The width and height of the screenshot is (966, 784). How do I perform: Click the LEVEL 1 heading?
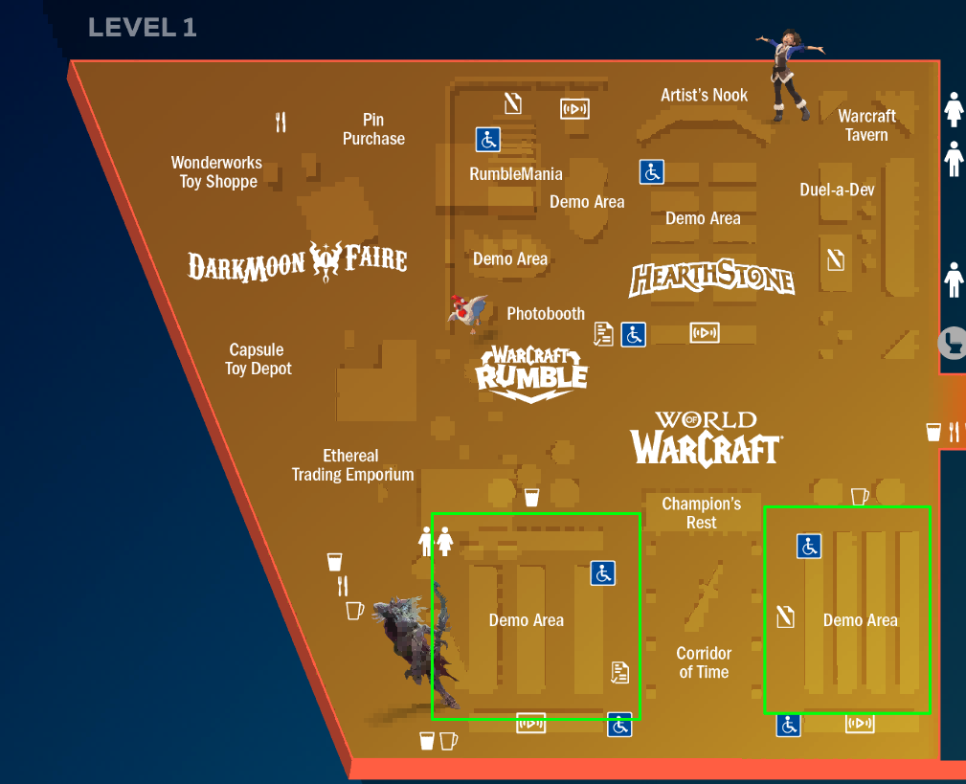point(142,28)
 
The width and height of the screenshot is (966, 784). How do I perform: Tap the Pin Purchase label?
point(373,129)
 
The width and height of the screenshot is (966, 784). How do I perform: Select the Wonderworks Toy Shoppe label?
point(217,172)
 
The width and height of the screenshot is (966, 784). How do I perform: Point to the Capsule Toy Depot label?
point(258,359)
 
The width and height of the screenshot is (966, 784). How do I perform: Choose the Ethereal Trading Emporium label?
point(352,465)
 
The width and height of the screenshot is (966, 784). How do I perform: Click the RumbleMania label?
point(516,174)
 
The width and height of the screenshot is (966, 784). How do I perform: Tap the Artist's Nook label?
point(705,95)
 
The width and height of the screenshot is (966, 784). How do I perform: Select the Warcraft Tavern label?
point(866,125)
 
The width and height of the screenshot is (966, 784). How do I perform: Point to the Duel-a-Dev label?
point(837,190)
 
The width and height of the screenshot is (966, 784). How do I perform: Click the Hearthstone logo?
point(711,280)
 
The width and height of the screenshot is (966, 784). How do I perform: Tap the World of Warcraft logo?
point(706,438)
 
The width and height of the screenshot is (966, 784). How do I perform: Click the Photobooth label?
point(546,314)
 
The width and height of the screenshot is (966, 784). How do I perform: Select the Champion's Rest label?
point(702,513)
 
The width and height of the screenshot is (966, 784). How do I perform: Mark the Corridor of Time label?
point(704,663)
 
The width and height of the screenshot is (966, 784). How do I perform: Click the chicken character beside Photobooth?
point(469,312)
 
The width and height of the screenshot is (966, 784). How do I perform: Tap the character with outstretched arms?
point(789,74)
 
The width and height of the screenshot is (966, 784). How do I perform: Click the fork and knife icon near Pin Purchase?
point(281,122)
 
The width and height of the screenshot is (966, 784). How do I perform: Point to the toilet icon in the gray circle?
point(954,342)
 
